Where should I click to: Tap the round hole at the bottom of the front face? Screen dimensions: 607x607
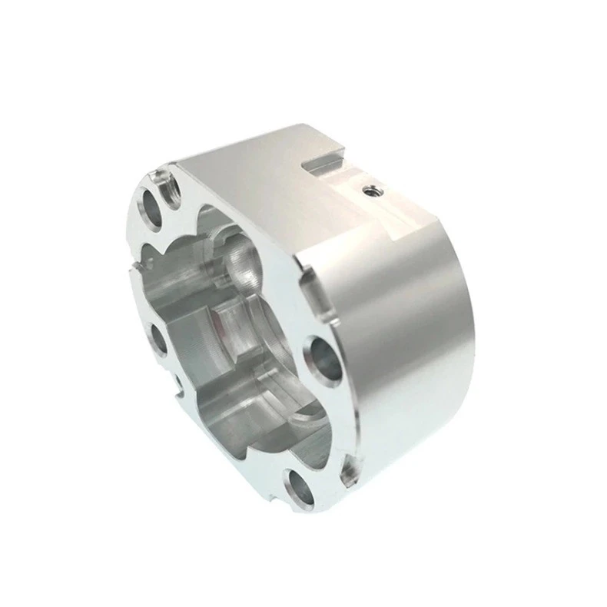coord(299,487)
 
